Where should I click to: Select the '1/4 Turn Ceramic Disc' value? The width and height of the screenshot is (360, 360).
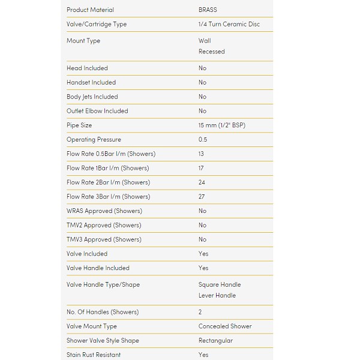pos(229,25)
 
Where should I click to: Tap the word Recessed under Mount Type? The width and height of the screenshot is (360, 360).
pos(211,52)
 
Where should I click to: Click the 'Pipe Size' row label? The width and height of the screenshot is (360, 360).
pos(79,125)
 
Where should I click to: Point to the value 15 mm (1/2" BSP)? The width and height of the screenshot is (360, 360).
pos(221,125)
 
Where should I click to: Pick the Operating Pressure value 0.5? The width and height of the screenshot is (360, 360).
pos(203,140)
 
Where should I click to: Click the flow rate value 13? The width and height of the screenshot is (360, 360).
pos(201,154)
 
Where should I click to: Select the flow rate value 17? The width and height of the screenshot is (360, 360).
pos(201,169)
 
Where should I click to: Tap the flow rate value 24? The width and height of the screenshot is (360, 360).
pos(202,182)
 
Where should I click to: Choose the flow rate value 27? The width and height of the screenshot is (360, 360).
pos(202,197)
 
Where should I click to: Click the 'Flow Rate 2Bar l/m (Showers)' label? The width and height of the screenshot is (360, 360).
pos(108,182)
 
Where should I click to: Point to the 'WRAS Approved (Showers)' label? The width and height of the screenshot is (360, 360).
pos(104,211)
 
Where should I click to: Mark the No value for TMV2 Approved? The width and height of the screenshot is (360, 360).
pos(202,226)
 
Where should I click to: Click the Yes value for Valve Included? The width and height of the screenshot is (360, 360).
pos(203,254)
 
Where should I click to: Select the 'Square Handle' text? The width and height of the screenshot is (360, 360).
pos(220,284)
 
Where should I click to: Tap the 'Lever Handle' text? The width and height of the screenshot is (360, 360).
pos(217,295)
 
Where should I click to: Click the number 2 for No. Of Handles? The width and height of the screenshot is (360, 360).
pos(200,312)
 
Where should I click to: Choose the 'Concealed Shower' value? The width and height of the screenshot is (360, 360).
pos(225,326)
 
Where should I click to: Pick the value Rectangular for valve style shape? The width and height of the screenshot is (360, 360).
pos(215,341)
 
